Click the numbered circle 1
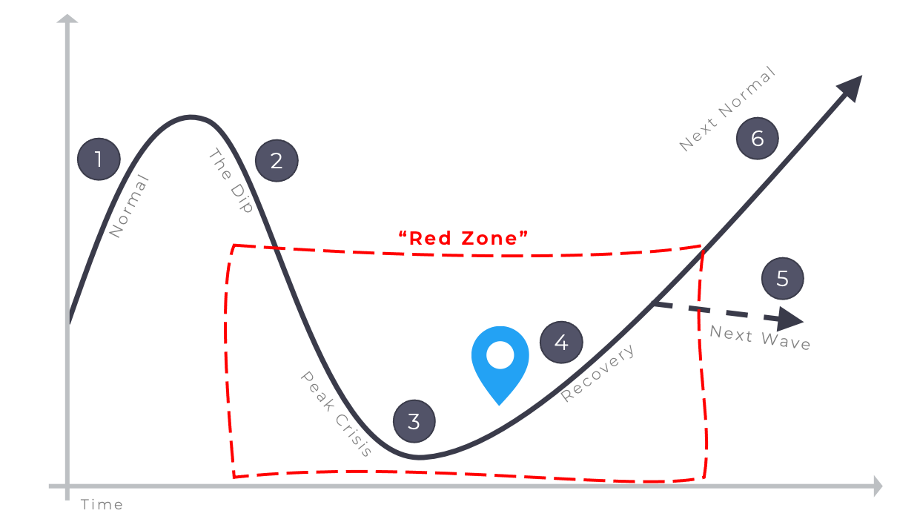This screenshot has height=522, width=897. pyautogui.click(x=99, y=159)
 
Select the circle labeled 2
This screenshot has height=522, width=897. pyautogui.click(x=277, y=160)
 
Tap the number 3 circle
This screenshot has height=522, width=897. pyautogui.click(x=414, y=422)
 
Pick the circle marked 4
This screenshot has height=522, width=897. pyautogui.click(x=561, y=343)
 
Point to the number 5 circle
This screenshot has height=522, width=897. pyautogui.click(x=783, y=279)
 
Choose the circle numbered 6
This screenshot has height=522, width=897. pyautogui.click(x=758, y=139)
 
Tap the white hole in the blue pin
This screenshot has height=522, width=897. pyautogui.click(x=500, y=354)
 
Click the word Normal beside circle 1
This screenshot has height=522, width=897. pyautogui.click(x=130, y=207)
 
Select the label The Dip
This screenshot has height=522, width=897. pyautogui.click(x=231, y=181)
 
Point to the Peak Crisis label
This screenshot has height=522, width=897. pyautogui.click(x=336, y=414)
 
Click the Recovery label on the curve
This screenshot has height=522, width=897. pyautogui.click(x=598, y=373)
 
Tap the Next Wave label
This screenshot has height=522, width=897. pyautogui.click(x=760, y=337)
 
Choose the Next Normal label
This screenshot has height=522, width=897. pyautogui.click(x=727, y=109)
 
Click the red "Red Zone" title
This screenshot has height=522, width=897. pyautogui.click(x=463, y=238)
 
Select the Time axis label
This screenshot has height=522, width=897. pyautogui.click(x=102, y=505)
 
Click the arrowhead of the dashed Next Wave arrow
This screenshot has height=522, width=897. pyautogui.click(x=793, y=320)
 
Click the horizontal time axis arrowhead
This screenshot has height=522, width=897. pyautogui.click(x=876, y=486)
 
